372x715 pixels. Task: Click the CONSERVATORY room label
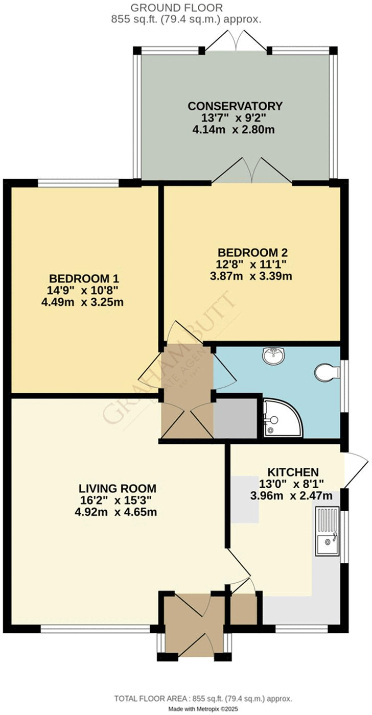235,106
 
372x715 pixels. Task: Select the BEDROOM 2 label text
252,252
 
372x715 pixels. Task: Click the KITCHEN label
292,472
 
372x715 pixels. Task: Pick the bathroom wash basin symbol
275,355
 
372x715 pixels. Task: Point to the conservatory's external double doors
236,41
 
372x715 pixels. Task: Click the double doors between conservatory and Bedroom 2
251,171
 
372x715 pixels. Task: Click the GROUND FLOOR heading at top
177,8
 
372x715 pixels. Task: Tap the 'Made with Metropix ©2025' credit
203,709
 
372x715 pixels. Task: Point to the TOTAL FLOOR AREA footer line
203,699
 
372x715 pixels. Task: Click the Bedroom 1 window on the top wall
79,182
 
